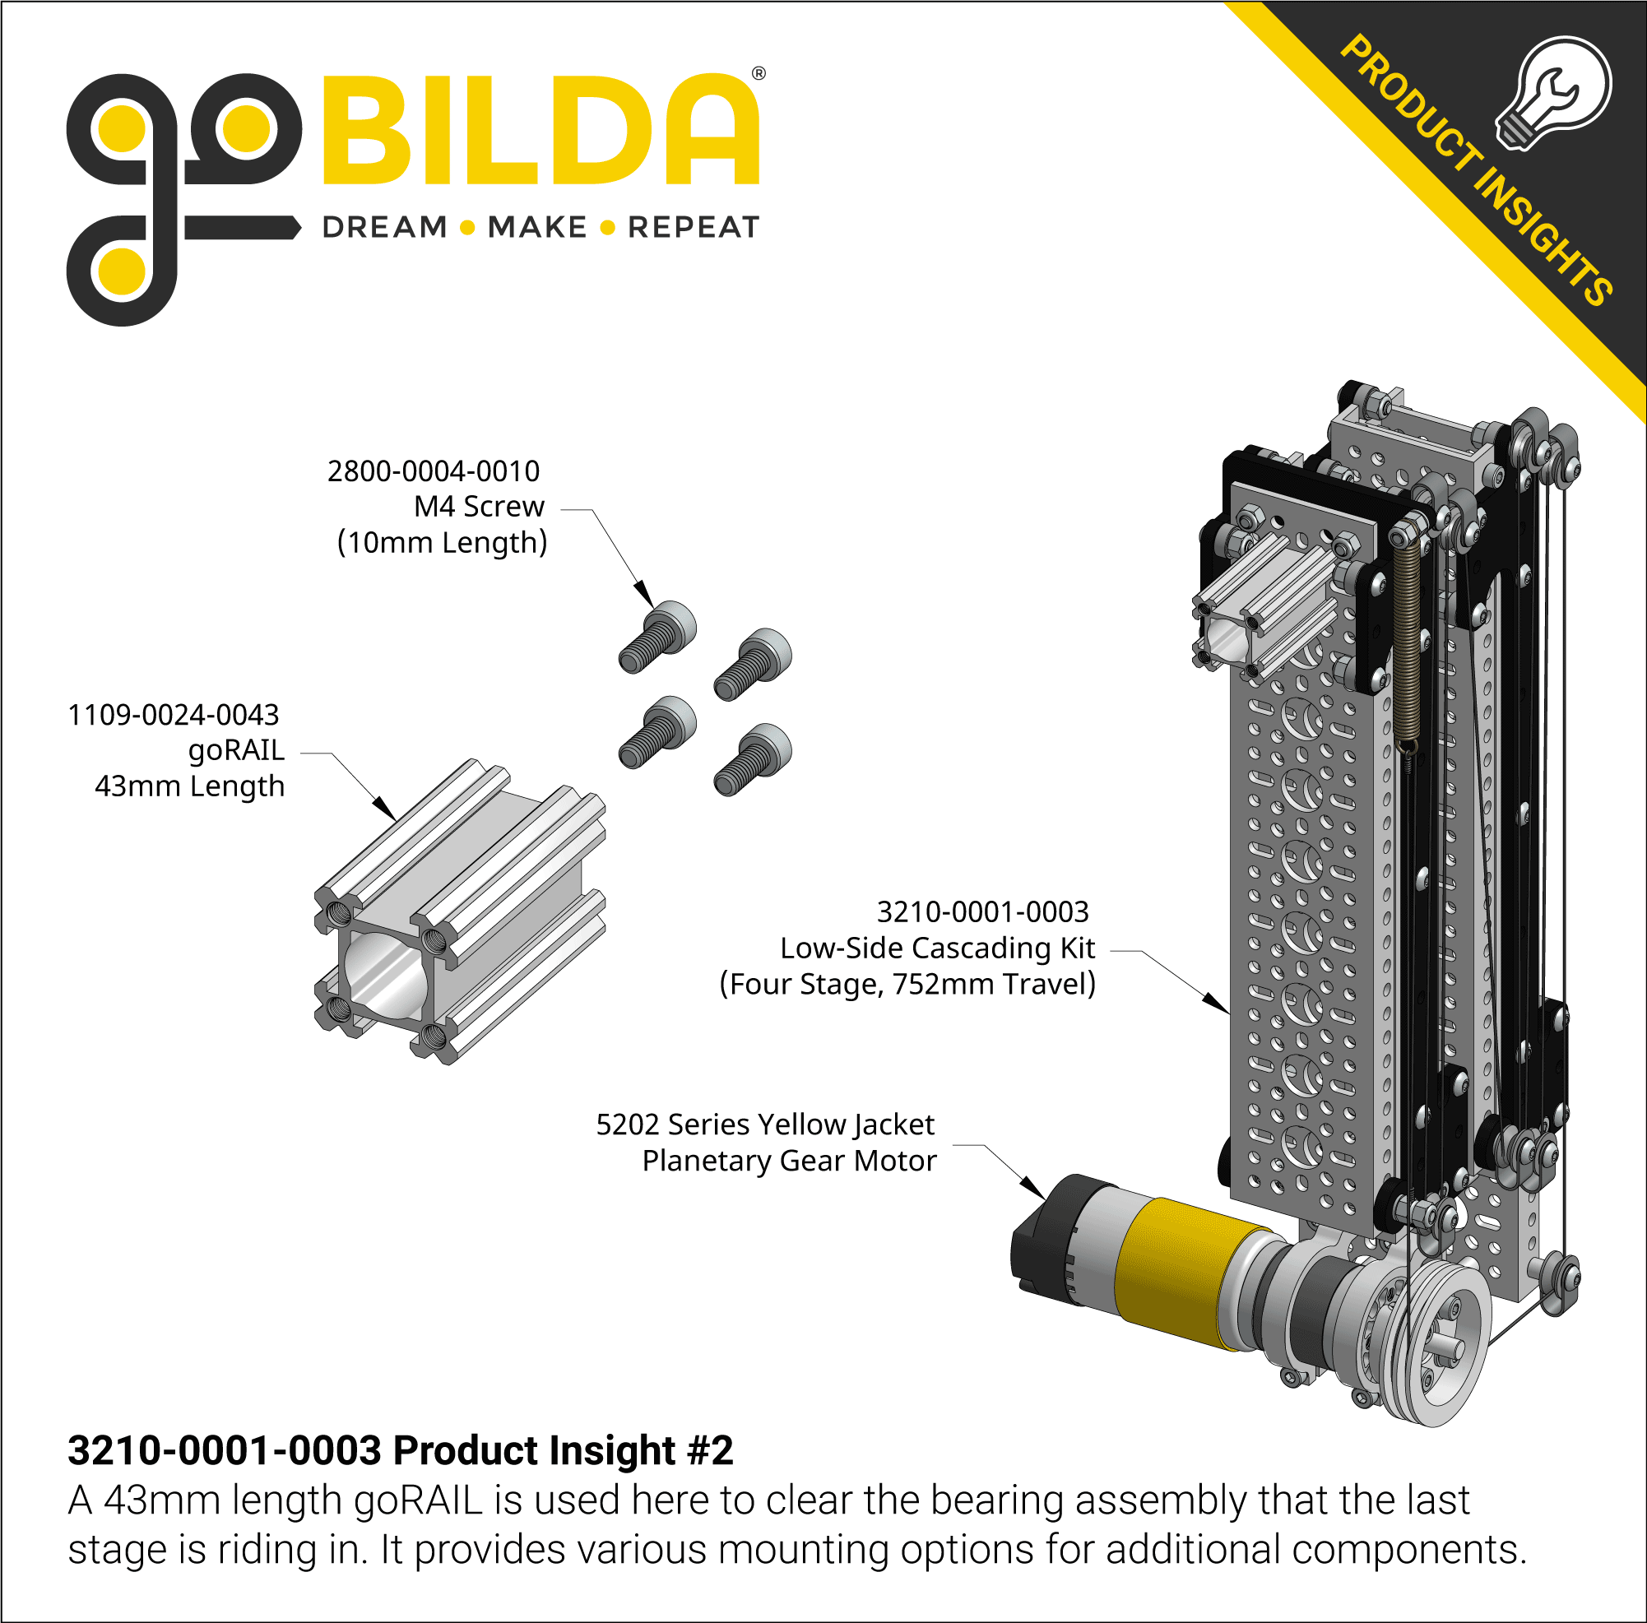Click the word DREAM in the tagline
pos(385,228)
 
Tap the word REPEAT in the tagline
pos(693,228)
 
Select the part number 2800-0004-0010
pos(433,471)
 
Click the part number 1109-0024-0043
pos(173,714)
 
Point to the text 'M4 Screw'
pos(478,507)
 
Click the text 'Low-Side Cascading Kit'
pos(937,948)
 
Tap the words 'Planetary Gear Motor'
pos(789,1160)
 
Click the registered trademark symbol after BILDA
pos(759,73)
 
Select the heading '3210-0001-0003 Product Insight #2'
pos(400,1450)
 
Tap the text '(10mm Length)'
pos(442,542)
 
